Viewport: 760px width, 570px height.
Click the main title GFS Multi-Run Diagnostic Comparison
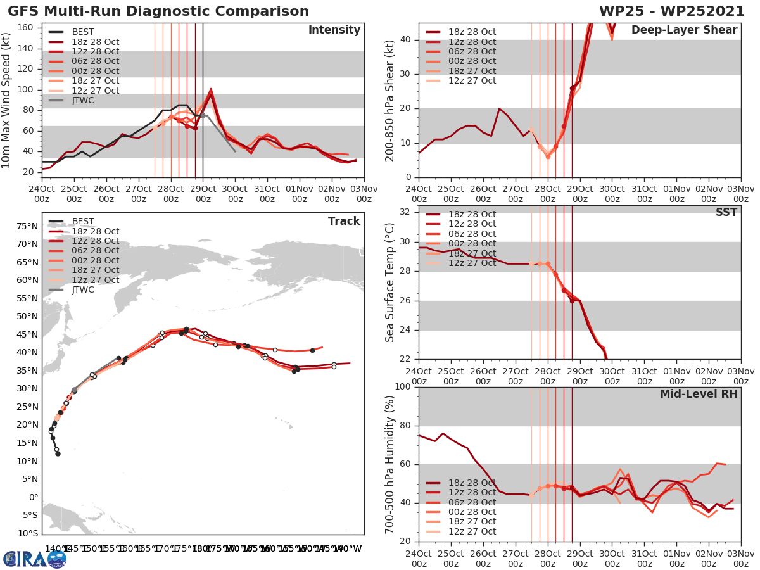coord(159,11)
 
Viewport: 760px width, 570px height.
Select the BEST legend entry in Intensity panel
coord(83,32)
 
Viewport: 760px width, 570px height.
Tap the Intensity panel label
coord(334,30)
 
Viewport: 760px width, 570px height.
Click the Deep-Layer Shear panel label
coord(684,30)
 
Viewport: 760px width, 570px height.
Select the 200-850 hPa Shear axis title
coord(391,100)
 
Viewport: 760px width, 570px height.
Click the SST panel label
coord(726,213)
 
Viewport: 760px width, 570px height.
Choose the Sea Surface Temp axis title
coord(391,282)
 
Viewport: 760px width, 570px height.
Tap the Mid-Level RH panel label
coord(699,395)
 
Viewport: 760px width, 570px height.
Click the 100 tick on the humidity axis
coord(404,387)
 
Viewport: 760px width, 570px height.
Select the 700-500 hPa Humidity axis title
coord(391,464)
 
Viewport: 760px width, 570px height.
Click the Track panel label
coord(343,221)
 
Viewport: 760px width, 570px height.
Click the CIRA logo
coord(35,558)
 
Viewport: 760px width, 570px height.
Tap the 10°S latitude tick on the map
coord(27,533)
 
